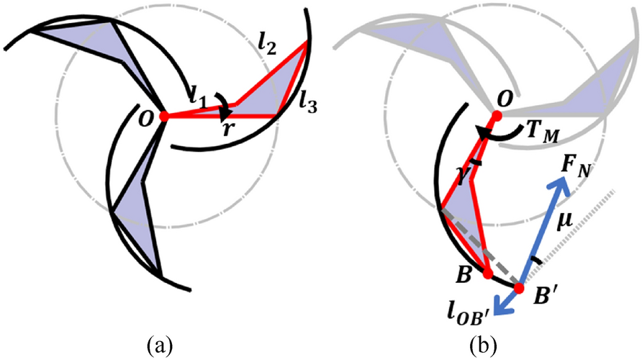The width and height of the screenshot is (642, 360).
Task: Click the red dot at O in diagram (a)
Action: pos(164,116)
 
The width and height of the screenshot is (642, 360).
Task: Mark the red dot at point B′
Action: pos(517,288)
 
